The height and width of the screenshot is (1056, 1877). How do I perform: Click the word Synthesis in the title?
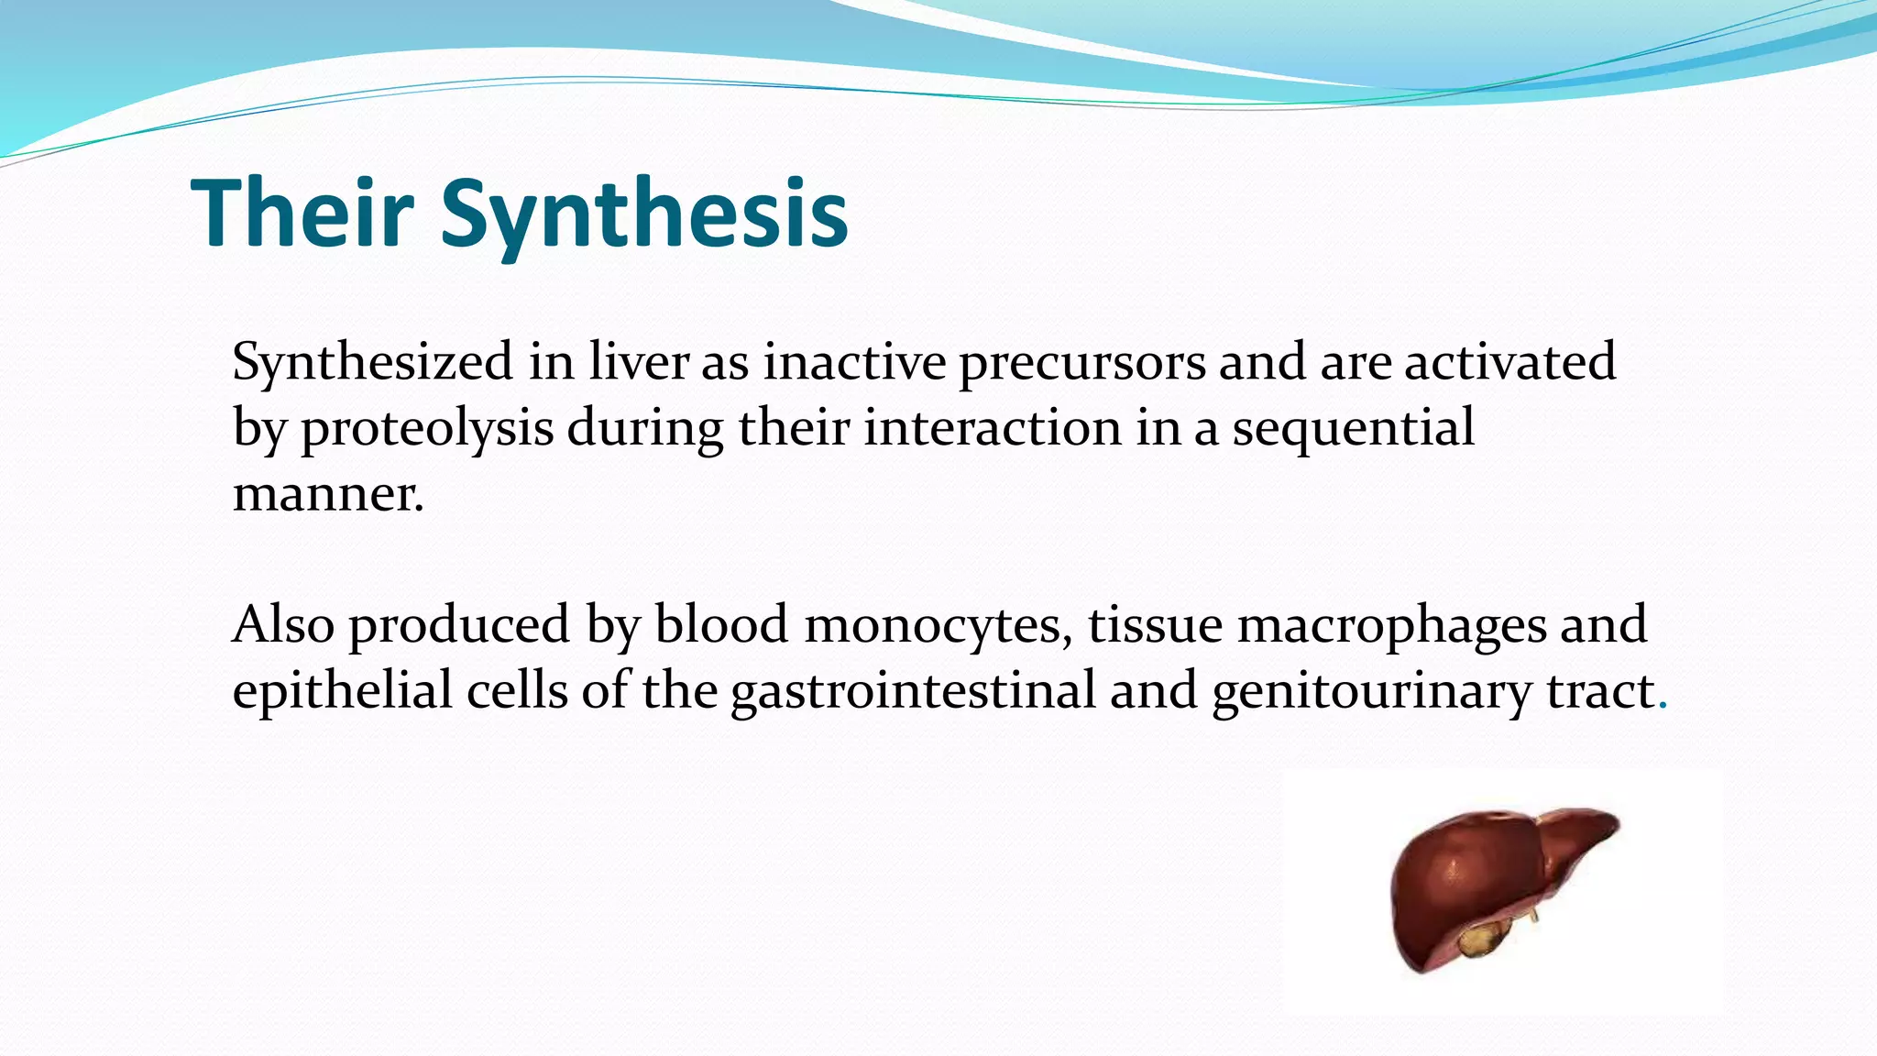[x=644, y=214]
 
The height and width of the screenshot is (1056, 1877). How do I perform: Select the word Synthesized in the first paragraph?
[x=372, y=362]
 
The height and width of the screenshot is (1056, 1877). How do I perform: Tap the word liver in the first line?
[x=638, y=361]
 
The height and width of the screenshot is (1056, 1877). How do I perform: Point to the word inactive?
[x=854, y=361]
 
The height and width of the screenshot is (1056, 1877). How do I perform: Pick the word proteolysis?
[x=427, y=429]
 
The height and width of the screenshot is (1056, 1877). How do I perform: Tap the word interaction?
[x=993, y=427]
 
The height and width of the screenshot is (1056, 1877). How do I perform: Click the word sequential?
[x=1353, y=429]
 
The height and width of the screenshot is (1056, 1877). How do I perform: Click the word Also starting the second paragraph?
[x=283, y=625]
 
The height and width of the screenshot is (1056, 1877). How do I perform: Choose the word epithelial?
[x=342, y=691]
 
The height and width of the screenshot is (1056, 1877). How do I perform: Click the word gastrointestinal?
[x=913, y=691]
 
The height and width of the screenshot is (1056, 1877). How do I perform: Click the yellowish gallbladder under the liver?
[x=1476, y=939]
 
